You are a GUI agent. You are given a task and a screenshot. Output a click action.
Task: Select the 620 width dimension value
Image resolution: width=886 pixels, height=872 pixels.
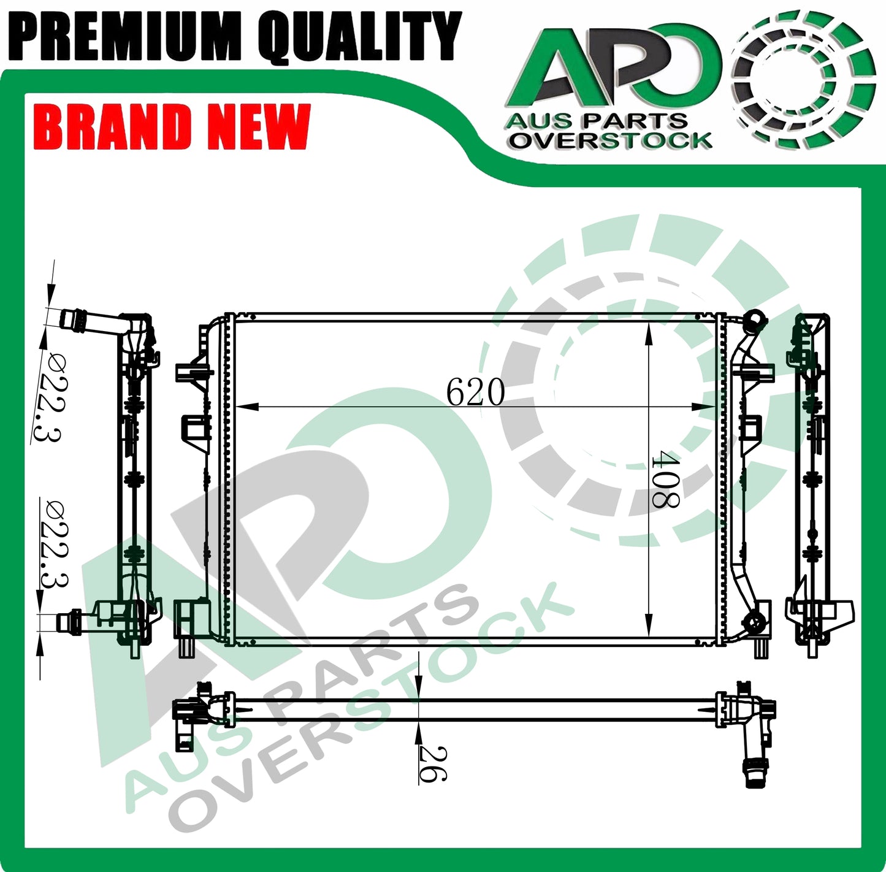coord(475,392)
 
